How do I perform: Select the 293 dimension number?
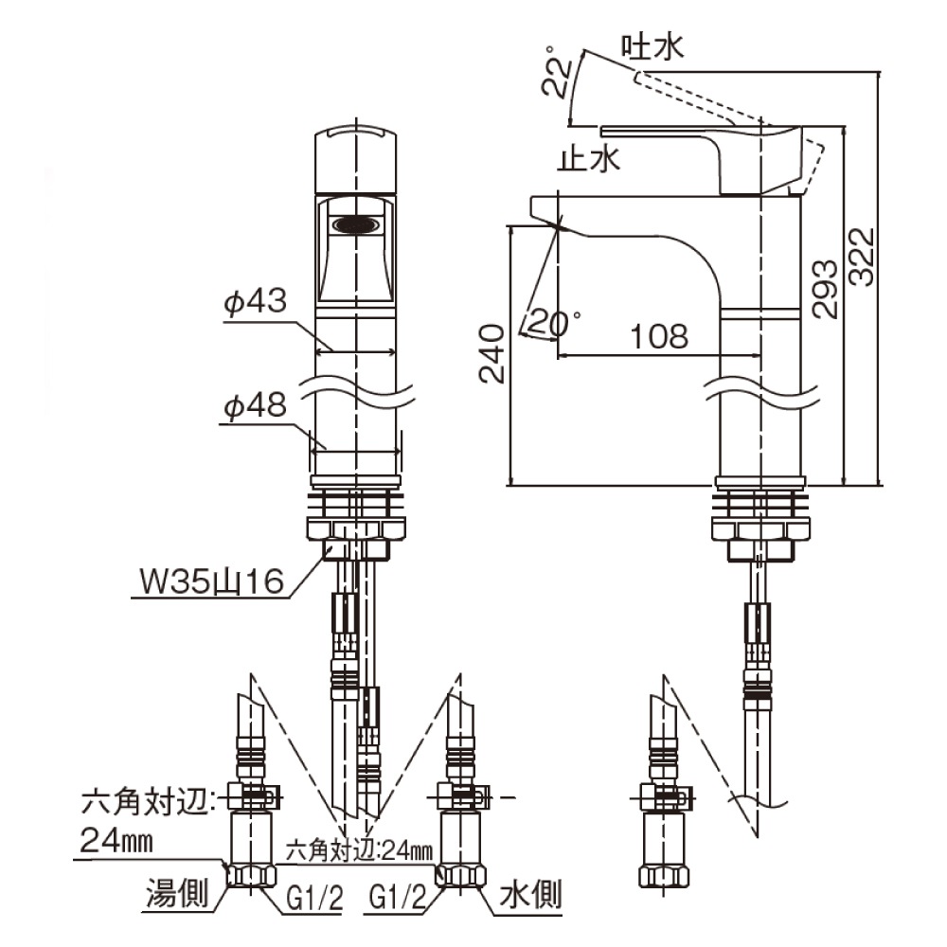tap(825, 289)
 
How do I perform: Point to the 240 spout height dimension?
tap(491, 353)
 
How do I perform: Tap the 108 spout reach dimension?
tap(659, 336)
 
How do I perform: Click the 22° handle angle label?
tap(557, 71)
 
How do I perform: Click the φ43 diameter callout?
tap(255, 300)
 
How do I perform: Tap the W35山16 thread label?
tap(211, 581)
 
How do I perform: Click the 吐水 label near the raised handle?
tap(652, 46)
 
